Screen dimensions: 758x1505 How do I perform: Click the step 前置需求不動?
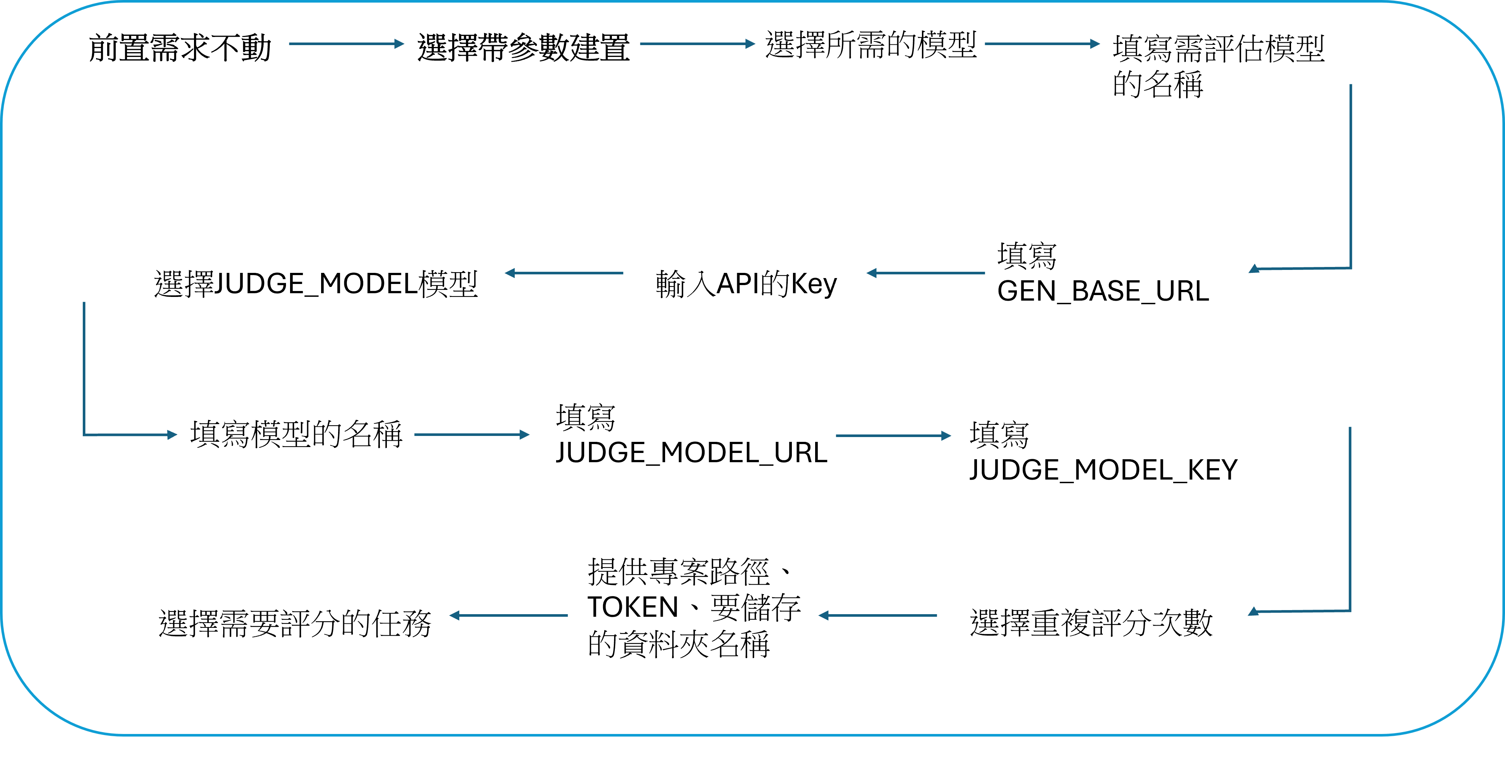(x=179, y=48)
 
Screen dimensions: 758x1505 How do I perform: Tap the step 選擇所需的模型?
(x=871, y=45)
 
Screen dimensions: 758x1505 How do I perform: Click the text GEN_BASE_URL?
(x=1103, y=291)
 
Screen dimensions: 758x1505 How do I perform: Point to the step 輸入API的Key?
(x=746, y=284)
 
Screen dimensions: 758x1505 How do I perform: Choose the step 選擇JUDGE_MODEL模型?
(x=316, y=284)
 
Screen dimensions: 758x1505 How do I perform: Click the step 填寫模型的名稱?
(x=296, y=434)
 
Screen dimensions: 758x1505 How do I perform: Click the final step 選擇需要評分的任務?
(x=295, y=623)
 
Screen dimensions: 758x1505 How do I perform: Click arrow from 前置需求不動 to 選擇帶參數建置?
(x=346, y=44)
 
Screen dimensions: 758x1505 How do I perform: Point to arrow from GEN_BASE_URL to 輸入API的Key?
(x=926, y=273)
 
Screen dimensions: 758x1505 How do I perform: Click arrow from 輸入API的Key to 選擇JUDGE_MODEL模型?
(x=564, y=273)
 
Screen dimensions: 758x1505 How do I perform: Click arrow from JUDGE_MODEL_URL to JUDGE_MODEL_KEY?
(x=893, y=436)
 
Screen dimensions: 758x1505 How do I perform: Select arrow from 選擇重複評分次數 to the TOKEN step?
(x=878, y=615)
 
